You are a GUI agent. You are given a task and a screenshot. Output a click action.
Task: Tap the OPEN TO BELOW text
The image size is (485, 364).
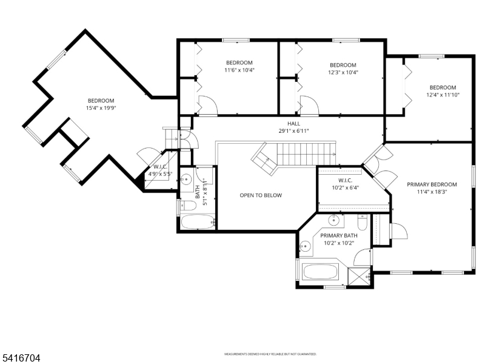(261, 195)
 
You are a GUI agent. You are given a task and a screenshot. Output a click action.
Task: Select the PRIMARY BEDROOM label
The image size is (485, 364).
(432, 184)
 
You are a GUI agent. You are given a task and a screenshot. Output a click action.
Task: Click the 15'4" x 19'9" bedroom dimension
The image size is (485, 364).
(101, 109)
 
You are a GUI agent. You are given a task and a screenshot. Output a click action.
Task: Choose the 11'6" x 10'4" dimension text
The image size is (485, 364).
(239, 70)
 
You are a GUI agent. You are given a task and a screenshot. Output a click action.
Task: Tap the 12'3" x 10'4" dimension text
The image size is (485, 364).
(343, 73)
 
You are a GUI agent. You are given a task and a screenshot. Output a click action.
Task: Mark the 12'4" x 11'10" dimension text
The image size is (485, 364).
(443, 95)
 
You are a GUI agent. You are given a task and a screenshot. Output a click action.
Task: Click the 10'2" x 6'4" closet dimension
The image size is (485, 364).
(344, 187)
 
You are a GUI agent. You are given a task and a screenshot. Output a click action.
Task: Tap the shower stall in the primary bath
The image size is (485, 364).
(360, 275)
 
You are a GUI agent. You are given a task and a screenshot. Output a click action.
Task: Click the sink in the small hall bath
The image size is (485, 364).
(187, 179)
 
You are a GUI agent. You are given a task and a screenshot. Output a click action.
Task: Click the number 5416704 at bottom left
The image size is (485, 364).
(21, 359)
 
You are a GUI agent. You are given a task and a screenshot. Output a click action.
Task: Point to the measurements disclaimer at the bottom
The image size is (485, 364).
(270, 354)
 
